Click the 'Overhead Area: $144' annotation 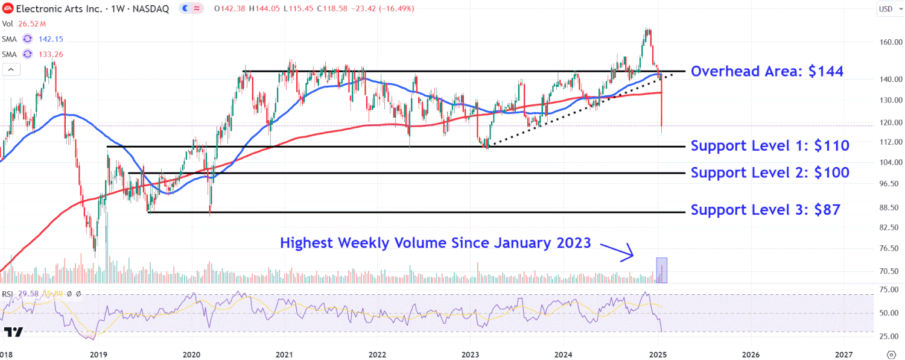767,72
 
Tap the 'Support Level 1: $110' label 770,145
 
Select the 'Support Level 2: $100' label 770,172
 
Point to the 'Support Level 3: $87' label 765,210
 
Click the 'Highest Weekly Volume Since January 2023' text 435,243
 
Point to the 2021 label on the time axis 284,354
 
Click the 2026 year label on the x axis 751,354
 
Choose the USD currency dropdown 886,8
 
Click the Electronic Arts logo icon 8,9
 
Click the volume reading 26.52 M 32,24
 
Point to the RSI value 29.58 28,294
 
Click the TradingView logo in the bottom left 13,332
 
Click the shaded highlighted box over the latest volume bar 661,270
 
